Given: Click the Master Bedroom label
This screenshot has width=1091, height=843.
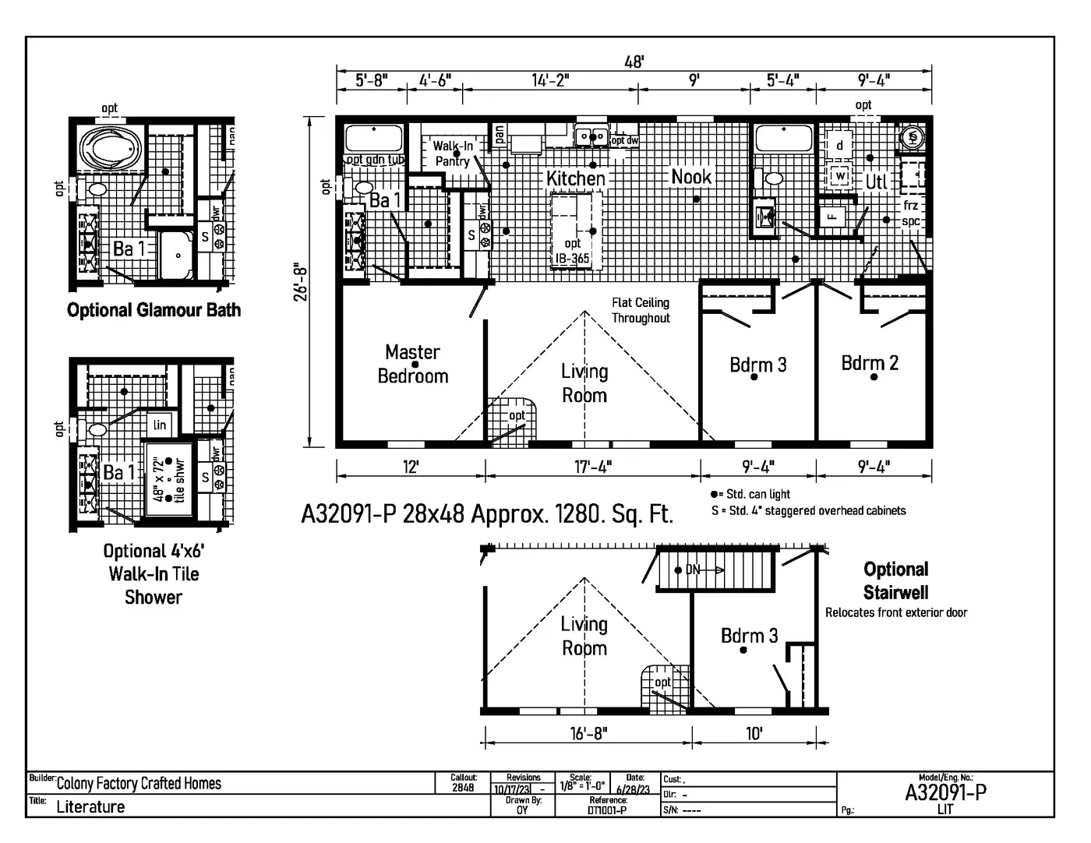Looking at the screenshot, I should (x=413, y=364).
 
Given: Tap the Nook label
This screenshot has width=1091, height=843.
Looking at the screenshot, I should (x=691, y=177).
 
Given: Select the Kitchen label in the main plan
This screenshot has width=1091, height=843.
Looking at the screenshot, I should (x=575, y=178).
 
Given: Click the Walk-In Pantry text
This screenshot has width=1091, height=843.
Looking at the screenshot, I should (x=453, y=153).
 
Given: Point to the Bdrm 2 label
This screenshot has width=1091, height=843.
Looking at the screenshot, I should (x=870, y=363).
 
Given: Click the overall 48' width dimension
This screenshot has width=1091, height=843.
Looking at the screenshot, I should (x=634, y=62).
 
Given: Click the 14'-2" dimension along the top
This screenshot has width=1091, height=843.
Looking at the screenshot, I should (x=550, y=80).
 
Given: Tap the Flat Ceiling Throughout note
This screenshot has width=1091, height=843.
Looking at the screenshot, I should (x=641, y=310).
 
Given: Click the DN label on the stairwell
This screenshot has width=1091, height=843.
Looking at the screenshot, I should (x=693, y=570).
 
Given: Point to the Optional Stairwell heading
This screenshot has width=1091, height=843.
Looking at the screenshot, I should (x=895, y=580).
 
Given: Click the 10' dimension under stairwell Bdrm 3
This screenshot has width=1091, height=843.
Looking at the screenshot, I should (x=754, y=733).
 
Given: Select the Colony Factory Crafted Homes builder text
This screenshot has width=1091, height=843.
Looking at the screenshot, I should (x=139, y=784).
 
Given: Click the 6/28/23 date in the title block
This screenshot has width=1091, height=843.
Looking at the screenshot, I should (x=634, y=789).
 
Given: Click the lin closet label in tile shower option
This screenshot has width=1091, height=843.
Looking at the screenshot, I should (x=160, y=425).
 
